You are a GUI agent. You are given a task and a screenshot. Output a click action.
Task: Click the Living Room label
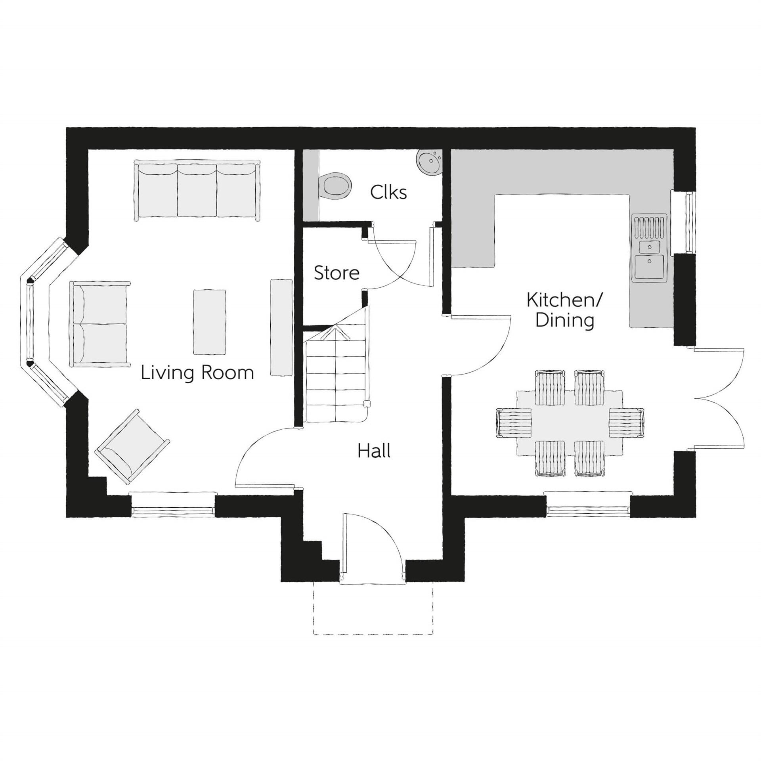pyautogui.click(x=197, y=373)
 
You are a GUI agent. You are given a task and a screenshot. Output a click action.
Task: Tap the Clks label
pyautogui.click(x=388, y=193)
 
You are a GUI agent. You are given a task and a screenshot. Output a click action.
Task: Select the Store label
pyautogui.click(x=337, y=273)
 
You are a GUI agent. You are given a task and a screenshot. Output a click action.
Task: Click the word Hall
pyautogui.click(x=374, y=451)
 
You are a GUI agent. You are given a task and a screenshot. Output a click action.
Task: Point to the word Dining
pyautogui.click(x=564, y=320)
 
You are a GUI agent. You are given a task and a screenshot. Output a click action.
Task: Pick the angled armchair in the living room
pyautogui.click(x=133, y=447)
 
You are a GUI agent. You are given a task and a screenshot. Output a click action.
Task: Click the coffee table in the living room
pyautogui.click(x=210, y=321)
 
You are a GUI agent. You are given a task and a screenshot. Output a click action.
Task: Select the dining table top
pyautogui.click(x=570, y=423)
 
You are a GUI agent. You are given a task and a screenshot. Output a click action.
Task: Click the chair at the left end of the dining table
pyautogui.click(x=514, y=423)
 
